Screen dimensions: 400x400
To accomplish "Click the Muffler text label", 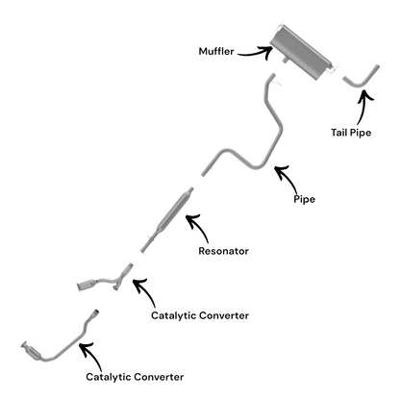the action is pyautogui.click(x=216, y=51).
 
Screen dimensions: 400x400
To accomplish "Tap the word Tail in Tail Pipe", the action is pyautogui.click(x=339, y=133).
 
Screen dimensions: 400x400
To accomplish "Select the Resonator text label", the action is pyautogui.click(x=223, y=251).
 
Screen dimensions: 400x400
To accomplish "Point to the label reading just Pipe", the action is pyautogui.click(x=304, y=199).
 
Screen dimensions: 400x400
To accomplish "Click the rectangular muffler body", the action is pyautogui.click(x=300, y=53).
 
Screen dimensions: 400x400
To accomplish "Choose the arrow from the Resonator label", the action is pyautogui.click(x=199, y=227).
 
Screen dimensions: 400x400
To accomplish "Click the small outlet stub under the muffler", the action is pyautogui.click(x=285, y=61).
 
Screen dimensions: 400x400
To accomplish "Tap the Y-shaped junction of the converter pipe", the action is pyautogui.click(x=121, y=278).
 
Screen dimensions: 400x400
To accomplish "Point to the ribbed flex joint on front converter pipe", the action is pyautogui.click(x=95, y=313).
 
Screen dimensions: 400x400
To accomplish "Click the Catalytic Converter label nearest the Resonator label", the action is pyautogui.click(x=200, y=315).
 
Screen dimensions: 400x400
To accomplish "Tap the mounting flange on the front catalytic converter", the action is pyautogui.click(x=24, y=346).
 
